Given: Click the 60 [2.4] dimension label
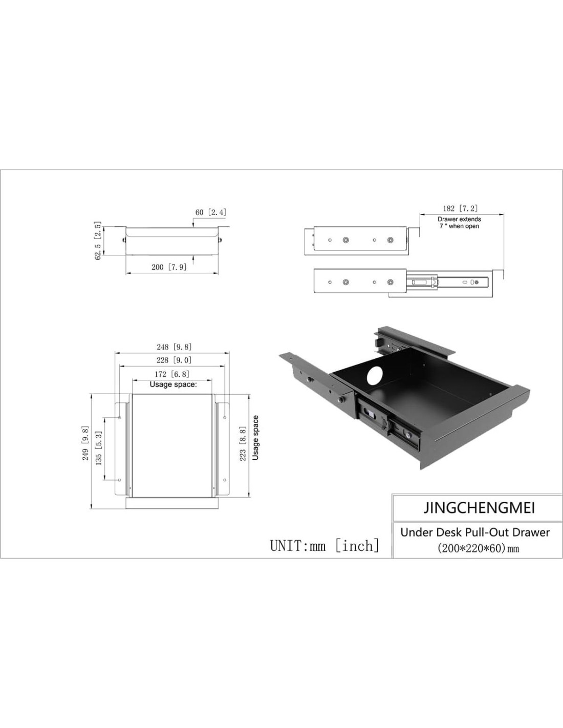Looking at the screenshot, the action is pyautogui.click(x=211, y=212).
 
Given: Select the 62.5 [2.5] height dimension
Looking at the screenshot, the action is pyautogui.click(x=98, y=240).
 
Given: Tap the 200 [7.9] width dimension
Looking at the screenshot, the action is pyautogui.click(x=169, y=267).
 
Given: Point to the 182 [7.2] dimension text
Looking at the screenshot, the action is pyautogui.click(x=460, y=208).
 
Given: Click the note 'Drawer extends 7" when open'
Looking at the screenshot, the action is pyautogui.click(x=459, y=223).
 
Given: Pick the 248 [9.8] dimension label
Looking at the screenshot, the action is pyautogui.click(x=174, y=347).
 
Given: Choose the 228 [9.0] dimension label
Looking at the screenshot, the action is pyautogui.click(x=174, y=360).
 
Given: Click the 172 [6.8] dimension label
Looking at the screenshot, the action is pyautogui.click(x=172, y=374).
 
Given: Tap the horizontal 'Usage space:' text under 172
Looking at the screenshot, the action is pyautogui.click(x=173, y=384).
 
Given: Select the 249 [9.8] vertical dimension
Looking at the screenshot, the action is pyautogui.click(x=85, y=443).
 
